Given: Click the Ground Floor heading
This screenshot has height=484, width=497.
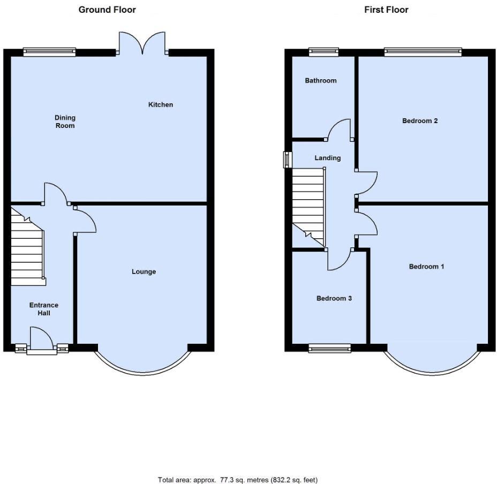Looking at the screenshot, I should click(107, 10).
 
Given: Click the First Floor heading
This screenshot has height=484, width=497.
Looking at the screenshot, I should click(386, 10).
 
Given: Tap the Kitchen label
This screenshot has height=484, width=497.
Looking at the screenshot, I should click(161, 104).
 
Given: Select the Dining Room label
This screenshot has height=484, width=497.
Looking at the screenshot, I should click(65, 122).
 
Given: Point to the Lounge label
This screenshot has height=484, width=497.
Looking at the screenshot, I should click(144, 271).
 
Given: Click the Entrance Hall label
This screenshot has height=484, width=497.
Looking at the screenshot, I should click(44, 309).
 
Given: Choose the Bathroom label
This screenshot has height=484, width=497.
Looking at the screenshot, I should click(321, 80).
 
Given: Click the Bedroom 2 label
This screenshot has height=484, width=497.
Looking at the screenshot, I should click(420, 120).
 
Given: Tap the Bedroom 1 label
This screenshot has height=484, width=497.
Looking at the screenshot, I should click(426, 266).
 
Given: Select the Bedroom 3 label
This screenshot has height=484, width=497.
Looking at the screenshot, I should click(334, 298).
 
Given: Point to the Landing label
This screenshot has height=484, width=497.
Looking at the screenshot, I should click(327, 158).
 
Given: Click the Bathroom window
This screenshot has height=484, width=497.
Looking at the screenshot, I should click(323, 52).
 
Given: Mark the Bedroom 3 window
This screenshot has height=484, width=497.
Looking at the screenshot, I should click(329, 349).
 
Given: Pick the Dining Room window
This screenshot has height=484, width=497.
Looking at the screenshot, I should click(49, 52).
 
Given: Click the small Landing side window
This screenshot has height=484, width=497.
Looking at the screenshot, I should click(288, 160).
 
